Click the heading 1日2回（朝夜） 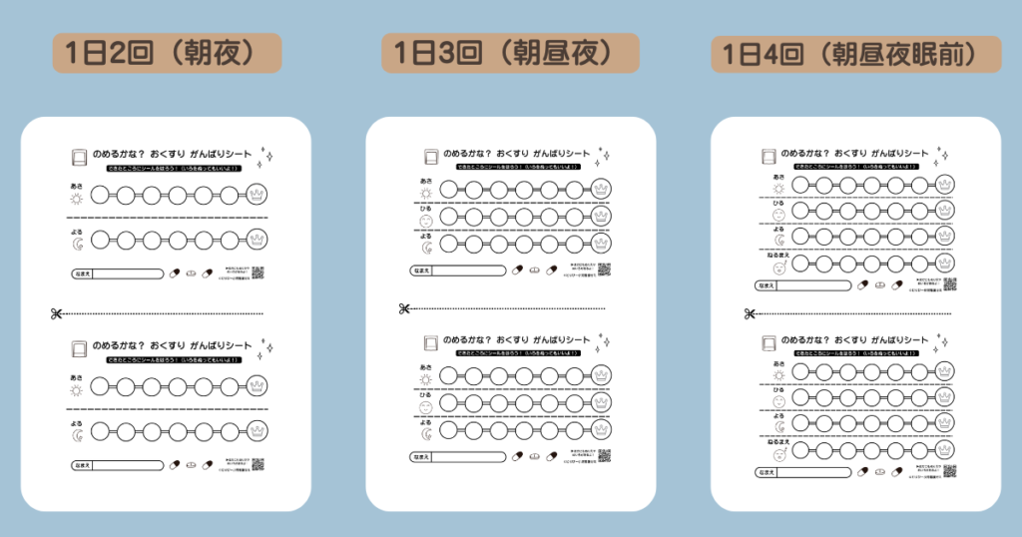pyautogui.click(x=167, y=53)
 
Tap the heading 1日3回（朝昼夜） pyautogui.click(x=510, y=52)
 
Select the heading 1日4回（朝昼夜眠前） pyautogui.click(x=855, y=53)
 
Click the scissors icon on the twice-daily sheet pyautogui.click(x=55, y=313)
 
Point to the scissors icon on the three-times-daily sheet pyautogui.click(x=404, y=308)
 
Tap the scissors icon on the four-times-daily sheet pyautogui.click(x=747, y=314)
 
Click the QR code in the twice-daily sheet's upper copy pyautogui.click(x=256, y=272)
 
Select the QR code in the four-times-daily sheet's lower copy pyautogui.click(x=948, y=471)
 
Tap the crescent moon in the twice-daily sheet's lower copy pyautogui.click(x=77, y=432)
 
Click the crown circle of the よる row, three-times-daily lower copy pyautogui.click(x=600, y=431)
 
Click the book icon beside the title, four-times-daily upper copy pyautogui.click(x=767, y=156)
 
